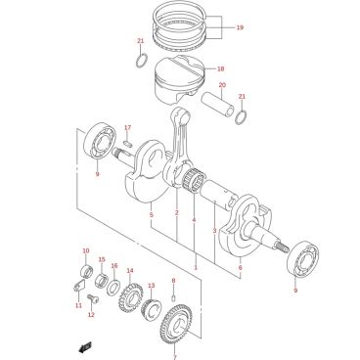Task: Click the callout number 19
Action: (x=240, y=27)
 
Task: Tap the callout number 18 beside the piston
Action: (x=221, y=68)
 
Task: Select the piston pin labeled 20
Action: (x=218, y=104)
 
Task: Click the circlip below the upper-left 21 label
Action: (x=142, y=60)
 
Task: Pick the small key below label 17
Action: (x=127, y=142)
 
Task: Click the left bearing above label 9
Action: (x=101, y=141)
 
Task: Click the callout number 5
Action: (x=152, y=215)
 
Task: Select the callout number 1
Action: (x=196, y=268)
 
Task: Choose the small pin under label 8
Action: (x=174, y=298)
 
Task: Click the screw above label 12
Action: (x=91, y=298)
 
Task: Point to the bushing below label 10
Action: (x=87, y=270)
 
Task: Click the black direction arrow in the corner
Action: (x=86, y=347)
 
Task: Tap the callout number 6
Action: (x=241, y=268)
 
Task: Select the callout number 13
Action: (x=152, y=286)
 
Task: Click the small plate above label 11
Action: (x=78, y=286)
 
